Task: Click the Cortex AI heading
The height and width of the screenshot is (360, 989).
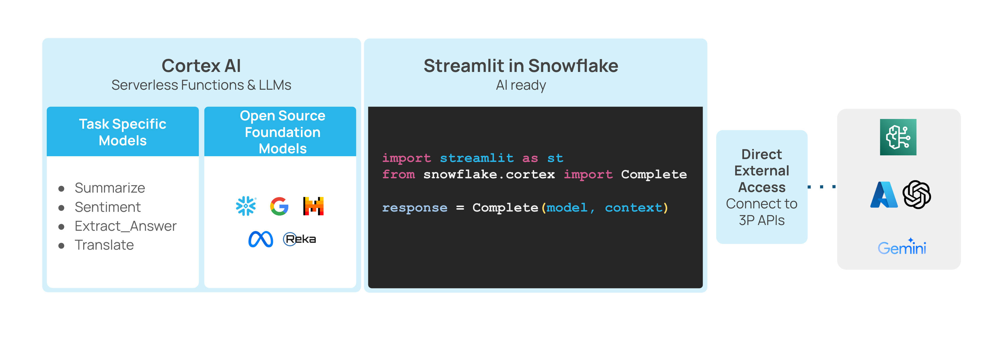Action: [x=201, y=66]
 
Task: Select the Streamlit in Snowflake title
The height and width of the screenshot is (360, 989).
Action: [x=521, y=66]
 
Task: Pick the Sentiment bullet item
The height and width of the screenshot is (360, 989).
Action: [x=108, y=207]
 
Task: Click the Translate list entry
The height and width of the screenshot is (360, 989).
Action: [x=104, y=245]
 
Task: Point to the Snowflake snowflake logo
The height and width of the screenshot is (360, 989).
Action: [x=246, y=206]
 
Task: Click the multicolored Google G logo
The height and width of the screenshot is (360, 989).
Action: [x=279, y=206]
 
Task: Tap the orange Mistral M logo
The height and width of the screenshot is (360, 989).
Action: [x=313, y=206]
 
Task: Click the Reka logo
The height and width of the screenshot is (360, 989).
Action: [x=299, y=239]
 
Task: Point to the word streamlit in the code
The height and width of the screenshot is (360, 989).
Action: [x=476, y=158]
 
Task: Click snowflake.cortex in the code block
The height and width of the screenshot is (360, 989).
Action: [x=489, y=174]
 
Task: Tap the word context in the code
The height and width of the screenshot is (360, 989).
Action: [x=634, y=208]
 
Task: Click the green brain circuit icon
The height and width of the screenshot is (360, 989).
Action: [x=898, y=137]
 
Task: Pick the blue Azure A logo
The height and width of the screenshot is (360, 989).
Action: [x=884, y=195]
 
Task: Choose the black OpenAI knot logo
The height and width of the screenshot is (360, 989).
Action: [x=917, y=195]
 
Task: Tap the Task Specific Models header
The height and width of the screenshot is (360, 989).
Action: [x=122, y=132]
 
